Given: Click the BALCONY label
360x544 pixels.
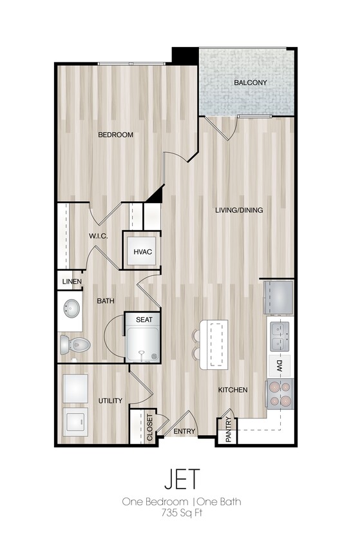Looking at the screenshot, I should [251, 83].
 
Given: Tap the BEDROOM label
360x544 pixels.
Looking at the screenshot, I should [115, 135].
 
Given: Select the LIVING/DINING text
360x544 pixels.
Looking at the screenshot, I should [239, 210].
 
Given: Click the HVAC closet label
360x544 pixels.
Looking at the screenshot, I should [142, 251].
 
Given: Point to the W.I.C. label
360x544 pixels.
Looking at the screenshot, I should [98, 236].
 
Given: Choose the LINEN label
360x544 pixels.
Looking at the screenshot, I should [71, 282].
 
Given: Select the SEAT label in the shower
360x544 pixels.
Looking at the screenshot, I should [144, 319].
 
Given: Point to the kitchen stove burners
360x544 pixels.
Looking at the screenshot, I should [280, 394].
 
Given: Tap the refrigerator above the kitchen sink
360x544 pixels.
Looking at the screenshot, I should [278, 296].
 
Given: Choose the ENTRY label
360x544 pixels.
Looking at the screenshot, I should [185, 431].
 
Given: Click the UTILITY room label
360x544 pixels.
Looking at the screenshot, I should [110, 401].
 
